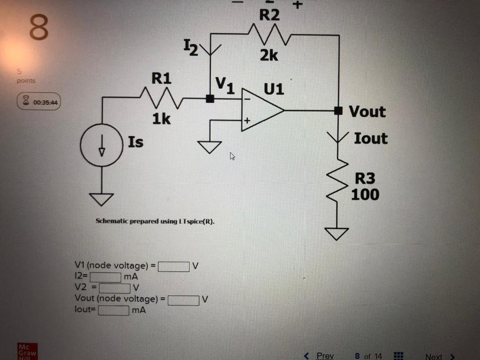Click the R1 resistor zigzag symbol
(161, 98)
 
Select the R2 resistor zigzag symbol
(268, 34)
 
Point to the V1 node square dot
(210, 98)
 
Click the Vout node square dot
(337, 111)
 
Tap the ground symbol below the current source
(102, 199)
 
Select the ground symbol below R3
(337, 233)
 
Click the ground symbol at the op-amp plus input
(210, 147)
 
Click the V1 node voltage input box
(173, 266)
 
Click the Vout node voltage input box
(183, 299)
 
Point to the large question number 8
(39, 28)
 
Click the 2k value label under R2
(269, 56)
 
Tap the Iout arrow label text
(370, 138)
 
